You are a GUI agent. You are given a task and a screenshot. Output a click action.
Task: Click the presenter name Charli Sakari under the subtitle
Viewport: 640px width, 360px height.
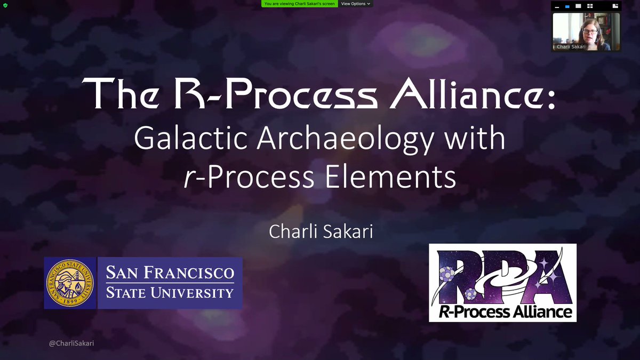pyautogui.click(x=319, y=233)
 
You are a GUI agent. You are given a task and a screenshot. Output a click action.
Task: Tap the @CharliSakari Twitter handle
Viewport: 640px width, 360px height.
pyautogui.click(x=71, y=344)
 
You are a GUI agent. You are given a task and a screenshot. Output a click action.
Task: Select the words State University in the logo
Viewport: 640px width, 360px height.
pyautogui.click(x=169, y=293)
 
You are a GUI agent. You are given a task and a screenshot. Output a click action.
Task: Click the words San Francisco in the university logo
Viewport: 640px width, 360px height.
pyautogui.click(x=169, y=273)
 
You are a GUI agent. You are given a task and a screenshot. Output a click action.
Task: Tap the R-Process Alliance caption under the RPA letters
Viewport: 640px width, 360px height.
pyautogui.click(x=504, y=311)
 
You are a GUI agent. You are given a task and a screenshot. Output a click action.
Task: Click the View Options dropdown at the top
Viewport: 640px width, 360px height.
pyautogui.click(x=356, y=4)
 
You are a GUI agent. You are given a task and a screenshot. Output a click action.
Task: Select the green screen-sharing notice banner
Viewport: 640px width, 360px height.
pyautogui.click(x=299, y=4)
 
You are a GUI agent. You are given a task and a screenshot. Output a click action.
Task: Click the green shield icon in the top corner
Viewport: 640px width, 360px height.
pyautogui.click(x=5, y=5)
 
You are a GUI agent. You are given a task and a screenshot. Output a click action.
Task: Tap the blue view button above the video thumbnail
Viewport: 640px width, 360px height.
pyautogui.click(x=567, y=6)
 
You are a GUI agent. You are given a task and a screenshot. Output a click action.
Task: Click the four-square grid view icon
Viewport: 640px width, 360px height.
pyautogui.click(x=590, y=6)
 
